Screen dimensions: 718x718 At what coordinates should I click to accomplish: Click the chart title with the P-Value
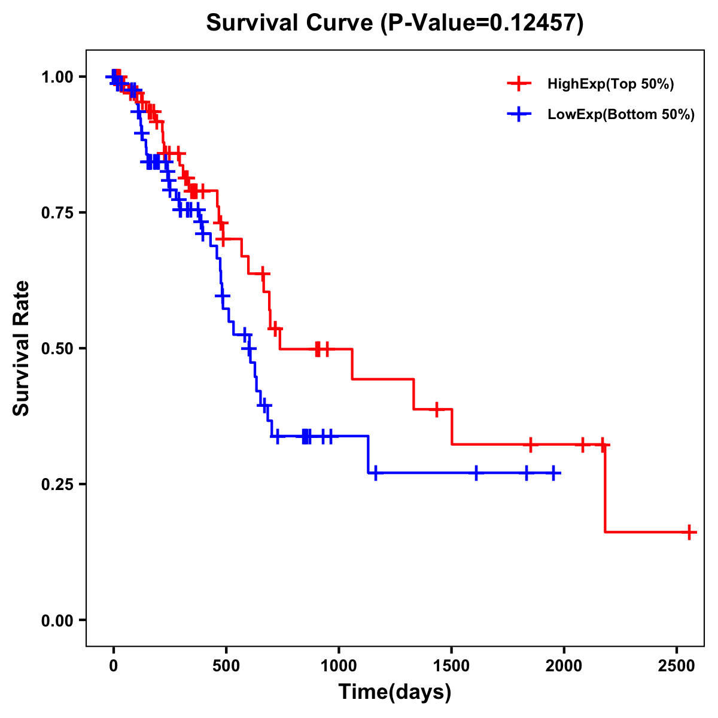[x=394, y=23]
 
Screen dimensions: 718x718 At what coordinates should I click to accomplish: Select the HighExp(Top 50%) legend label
[x=610, y=84]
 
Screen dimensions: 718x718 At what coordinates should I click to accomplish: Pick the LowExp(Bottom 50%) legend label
[x=620, y=115]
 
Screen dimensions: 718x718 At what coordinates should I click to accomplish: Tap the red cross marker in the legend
[x=519, y=84]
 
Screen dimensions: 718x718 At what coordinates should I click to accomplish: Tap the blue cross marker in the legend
[x=519, y=114]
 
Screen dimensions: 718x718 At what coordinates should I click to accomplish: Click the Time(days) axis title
[x=395, y=692]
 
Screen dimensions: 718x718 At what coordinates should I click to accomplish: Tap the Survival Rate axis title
[x=22, y=348]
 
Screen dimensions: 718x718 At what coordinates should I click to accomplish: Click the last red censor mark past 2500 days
[x=689, y=532]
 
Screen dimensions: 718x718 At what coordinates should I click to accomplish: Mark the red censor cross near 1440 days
[x=437, y=409]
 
